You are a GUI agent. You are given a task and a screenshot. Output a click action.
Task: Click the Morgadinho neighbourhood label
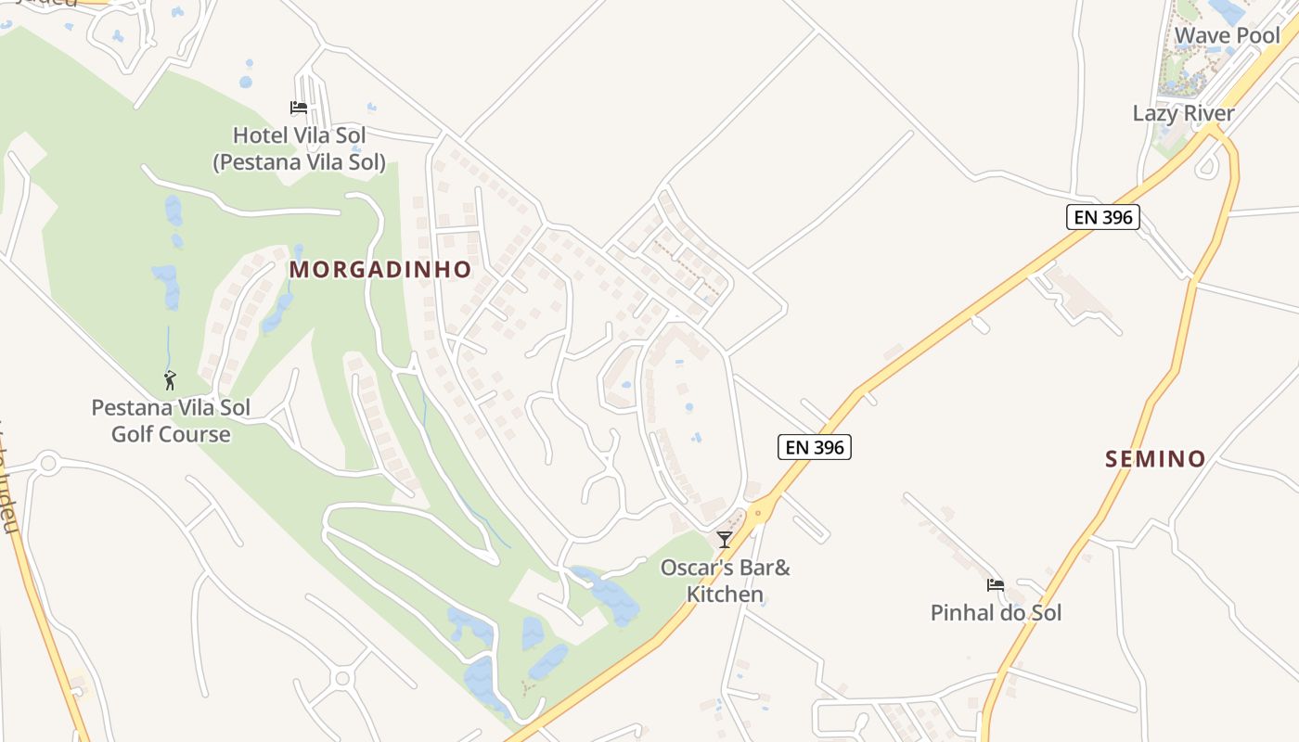pos(380,270)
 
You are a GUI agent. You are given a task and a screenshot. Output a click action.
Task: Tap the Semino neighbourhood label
pos(1155,458)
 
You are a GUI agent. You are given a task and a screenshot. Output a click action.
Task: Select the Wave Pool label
pos(1227,36)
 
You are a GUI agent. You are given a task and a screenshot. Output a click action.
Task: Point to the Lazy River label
pos(1183,114)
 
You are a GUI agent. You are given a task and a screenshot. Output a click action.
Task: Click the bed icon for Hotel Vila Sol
pos(299,108)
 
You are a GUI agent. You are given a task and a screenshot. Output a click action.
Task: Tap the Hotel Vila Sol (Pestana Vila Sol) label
pos(299,148)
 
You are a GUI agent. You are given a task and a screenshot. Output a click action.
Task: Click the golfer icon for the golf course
pos(170,380)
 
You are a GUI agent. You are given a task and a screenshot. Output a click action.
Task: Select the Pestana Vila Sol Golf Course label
pos(171,420)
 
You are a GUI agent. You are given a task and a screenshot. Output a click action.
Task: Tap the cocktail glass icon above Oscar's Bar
pos(725,540)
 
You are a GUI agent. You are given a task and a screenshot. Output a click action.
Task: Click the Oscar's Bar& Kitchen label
pos(725,581)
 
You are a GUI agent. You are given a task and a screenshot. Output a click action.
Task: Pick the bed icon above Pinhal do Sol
pos(996,585)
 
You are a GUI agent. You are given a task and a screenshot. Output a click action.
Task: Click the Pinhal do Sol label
pos(996,613)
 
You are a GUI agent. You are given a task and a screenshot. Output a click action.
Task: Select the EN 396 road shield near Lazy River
pos(1101,217)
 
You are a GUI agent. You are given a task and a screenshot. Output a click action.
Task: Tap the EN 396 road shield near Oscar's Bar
pos(814,447)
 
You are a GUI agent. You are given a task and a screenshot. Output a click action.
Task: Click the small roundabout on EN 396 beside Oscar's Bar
pos(760,511)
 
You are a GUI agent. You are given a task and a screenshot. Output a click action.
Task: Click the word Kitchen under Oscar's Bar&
pos(725,595)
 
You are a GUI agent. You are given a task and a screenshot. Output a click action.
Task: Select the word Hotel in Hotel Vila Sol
pos(260,135)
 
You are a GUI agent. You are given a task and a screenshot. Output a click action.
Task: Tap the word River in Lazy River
pos(1208,114)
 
